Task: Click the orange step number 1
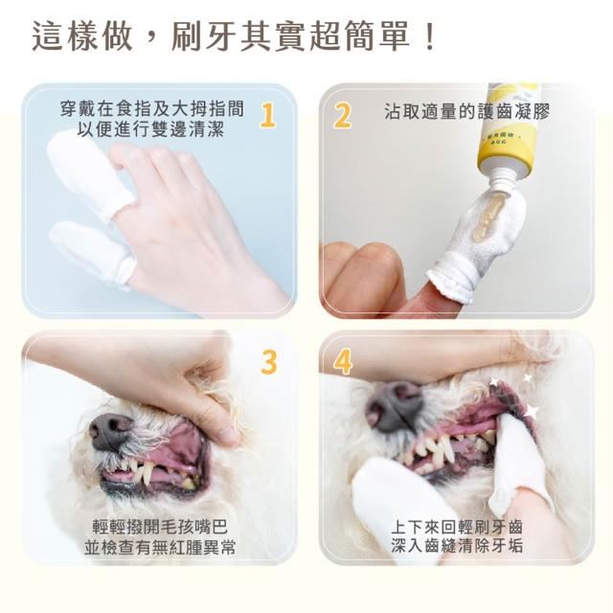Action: click(x=268, y=115)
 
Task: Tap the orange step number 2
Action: click(x=341, y=115)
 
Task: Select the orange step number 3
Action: click(x=269, y=362)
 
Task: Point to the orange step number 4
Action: click(x=343, y=362)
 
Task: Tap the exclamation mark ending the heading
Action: click(x=431, y=36)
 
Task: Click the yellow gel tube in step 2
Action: click(x=505, y=130)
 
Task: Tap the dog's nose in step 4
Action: click(x=394, y=405)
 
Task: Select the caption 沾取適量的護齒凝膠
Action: click(x=466, y=112)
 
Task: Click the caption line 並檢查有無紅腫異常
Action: click(x=160, y=548)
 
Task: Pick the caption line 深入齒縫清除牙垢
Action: click(x=457, y=546)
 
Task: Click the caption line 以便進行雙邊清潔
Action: click(x=150, y=128)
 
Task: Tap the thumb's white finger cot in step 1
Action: click(x=92, y=250)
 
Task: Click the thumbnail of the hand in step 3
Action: click(x=228, y=431)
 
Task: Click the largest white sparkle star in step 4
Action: click(x=531, y=411)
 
